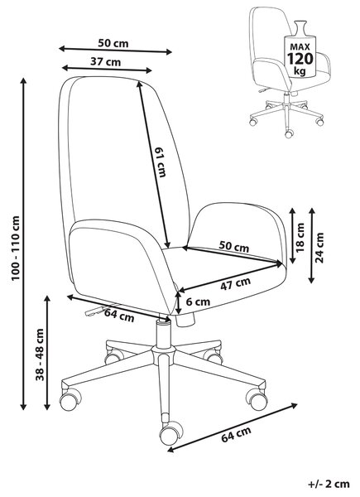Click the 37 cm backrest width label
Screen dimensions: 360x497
tap(105, 61)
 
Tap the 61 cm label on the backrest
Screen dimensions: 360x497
tap(161, 162)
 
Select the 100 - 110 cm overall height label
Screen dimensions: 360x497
tap(16, 248)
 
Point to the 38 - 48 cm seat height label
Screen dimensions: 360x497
tap(40, 355)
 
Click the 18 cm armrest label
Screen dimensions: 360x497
tap(300, 237)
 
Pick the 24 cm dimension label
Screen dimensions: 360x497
tap(319, 247)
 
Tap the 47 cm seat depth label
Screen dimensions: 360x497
tap(236, 283)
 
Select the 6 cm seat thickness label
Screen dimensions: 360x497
tap(198, 302)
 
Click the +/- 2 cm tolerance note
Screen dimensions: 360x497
tap(329, 484)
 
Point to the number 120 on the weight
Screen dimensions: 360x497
tap(300, 59)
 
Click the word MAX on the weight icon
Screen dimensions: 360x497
tap(300, 47)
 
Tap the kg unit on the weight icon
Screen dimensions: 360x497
tap(300, 70)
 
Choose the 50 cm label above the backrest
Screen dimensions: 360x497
tap(113, 43)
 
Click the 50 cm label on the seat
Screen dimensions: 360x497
tap(234, 247)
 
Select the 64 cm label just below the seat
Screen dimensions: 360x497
tap(119, 315)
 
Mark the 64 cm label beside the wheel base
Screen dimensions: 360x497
tap(236, 434)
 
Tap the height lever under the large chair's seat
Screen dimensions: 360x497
tap(95, 311)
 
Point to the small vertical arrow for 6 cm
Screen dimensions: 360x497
tap(179, 302)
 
